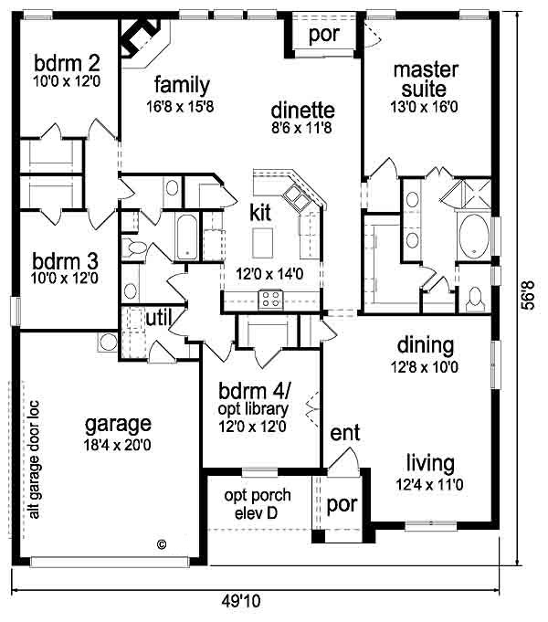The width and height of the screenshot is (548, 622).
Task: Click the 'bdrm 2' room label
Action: tap(67, 63)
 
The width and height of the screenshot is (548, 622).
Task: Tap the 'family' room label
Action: tap(182, 86)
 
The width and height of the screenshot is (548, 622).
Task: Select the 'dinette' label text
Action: tap(302, 110)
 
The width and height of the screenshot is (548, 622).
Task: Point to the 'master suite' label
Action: tap(425, 79)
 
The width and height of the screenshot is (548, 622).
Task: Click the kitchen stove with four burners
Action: tap(271, 300)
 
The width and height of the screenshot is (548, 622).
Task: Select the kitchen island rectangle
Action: tap(262, 243)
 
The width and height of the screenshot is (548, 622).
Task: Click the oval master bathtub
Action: tap(474, 237)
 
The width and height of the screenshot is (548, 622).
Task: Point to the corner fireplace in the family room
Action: tap(143, 39)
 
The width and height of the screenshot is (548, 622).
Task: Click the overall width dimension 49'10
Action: tap(241, 601)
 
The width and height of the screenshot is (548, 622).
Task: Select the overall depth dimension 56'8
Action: tap(528, 295)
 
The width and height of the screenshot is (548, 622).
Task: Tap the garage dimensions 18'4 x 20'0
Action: tap(117, 445)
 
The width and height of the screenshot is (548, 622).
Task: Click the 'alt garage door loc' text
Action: tap(35, 459)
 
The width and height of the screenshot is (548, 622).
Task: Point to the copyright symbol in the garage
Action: tap(162, 544)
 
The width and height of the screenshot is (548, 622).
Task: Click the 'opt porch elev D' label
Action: tap(258, 504)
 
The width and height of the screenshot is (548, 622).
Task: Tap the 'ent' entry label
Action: tap(345, 433)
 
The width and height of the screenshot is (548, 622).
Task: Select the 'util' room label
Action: tap(159, 317)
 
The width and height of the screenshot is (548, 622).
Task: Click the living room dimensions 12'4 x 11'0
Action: tap(430, 484)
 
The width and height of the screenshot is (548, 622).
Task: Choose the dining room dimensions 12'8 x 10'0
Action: tap(425, 367)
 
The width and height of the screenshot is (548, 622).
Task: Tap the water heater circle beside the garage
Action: tap(108, 343)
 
